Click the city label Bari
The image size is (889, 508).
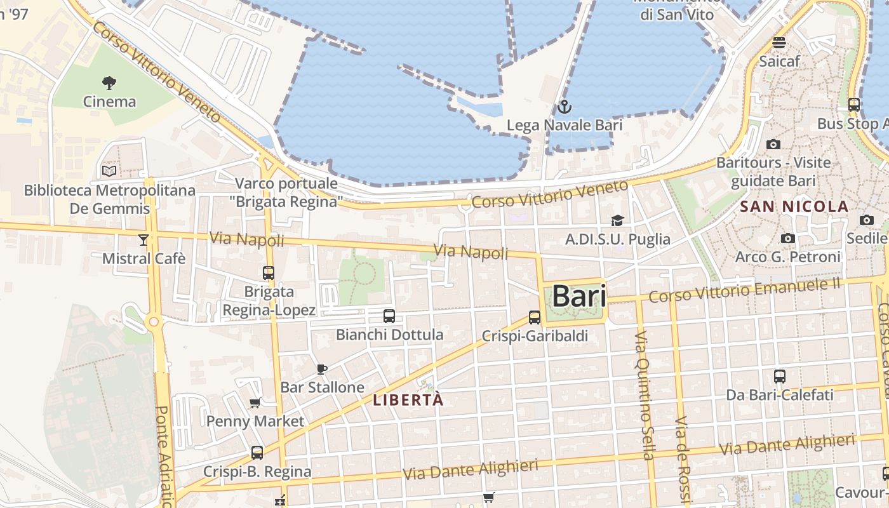tap(578, 297)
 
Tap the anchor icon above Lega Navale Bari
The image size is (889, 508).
tap(564, 107)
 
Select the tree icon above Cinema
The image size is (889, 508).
tap(109, 83)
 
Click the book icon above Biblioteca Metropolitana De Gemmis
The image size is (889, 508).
tap(109, 171)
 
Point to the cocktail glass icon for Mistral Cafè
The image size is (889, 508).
tap(144, 239)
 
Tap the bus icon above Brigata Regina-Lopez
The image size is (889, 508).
tap(269, 273)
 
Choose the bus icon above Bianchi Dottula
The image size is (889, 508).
tap(389, 316)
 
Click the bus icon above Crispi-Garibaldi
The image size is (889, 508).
tap(535, 317)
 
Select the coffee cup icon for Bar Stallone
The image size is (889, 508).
tap(322, 369)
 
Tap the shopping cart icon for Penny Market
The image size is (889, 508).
tap(255, 403)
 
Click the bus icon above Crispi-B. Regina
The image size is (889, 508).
tap(257, 453)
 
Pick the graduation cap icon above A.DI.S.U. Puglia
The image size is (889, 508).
tap(617, 220)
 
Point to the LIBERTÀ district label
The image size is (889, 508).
tap(408, 401)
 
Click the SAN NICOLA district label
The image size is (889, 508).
tap(794, 206)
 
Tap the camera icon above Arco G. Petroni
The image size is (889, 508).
tap(788, 238)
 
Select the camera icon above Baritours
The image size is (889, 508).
tap(773, 144)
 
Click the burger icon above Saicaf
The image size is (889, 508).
tap(779, 43)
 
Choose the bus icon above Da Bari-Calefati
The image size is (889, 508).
tap(780, 376)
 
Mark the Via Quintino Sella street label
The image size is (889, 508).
tap(644, 394)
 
